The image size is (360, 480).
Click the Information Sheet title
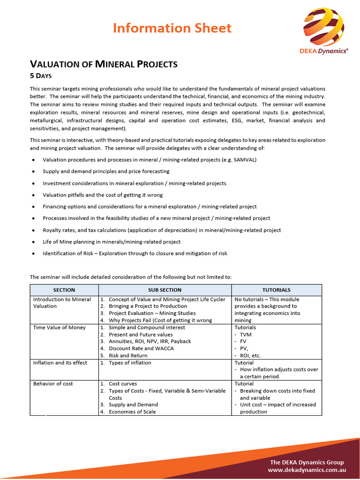[x=172, y=28]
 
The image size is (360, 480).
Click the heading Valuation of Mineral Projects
[x=104, y=64]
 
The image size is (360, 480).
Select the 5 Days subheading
[x=41, y=75]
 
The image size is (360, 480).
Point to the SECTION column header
[x=64, y=290]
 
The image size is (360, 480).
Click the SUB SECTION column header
[x=165, y=290]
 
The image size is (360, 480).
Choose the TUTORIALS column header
[x=276, y=290]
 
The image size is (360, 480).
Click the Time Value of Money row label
[x=60, y=328]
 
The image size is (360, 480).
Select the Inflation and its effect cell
[x=60, y=363]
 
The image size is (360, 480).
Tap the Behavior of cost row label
[x=53, y=384]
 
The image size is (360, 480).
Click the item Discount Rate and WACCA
[x=141, y=349]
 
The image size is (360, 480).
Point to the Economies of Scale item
[x=132, y=412]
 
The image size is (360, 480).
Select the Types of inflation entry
[x=130, y=363]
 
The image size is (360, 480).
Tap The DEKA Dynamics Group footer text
[x=307, y=462]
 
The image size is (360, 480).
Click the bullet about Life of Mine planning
[x=112, y=242]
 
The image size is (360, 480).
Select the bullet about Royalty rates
[x=162, y=230]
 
